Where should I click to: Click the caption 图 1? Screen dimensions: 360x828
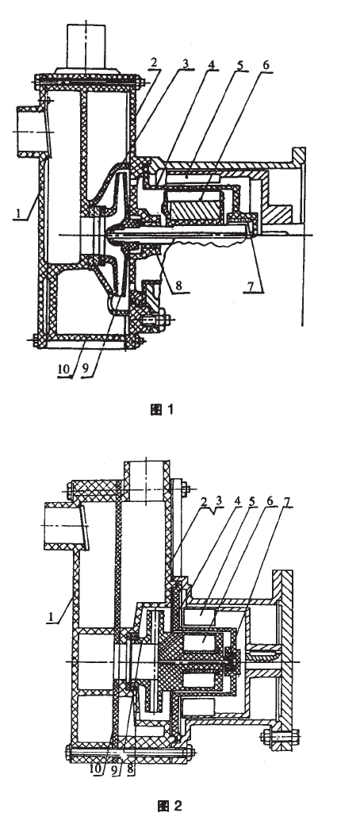pyautogui.click(x=162, y=409)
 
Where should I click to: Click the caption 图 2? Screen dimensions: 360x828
pyautogui.click(x=170, y=806)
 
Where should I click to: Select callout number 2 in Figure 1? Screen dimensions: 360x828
pyautogui.click(x=154, y=63)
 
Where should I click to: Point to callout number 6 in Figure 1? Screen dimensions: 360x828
pyautogui.click(x=266, y=64)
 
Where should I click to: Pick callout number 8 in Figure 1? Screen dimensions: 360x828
pyautogui.click(x=180, y=285)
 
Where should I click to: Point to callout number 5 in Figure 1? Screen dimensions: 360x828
pyautogui.click(x=239, y=64)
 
